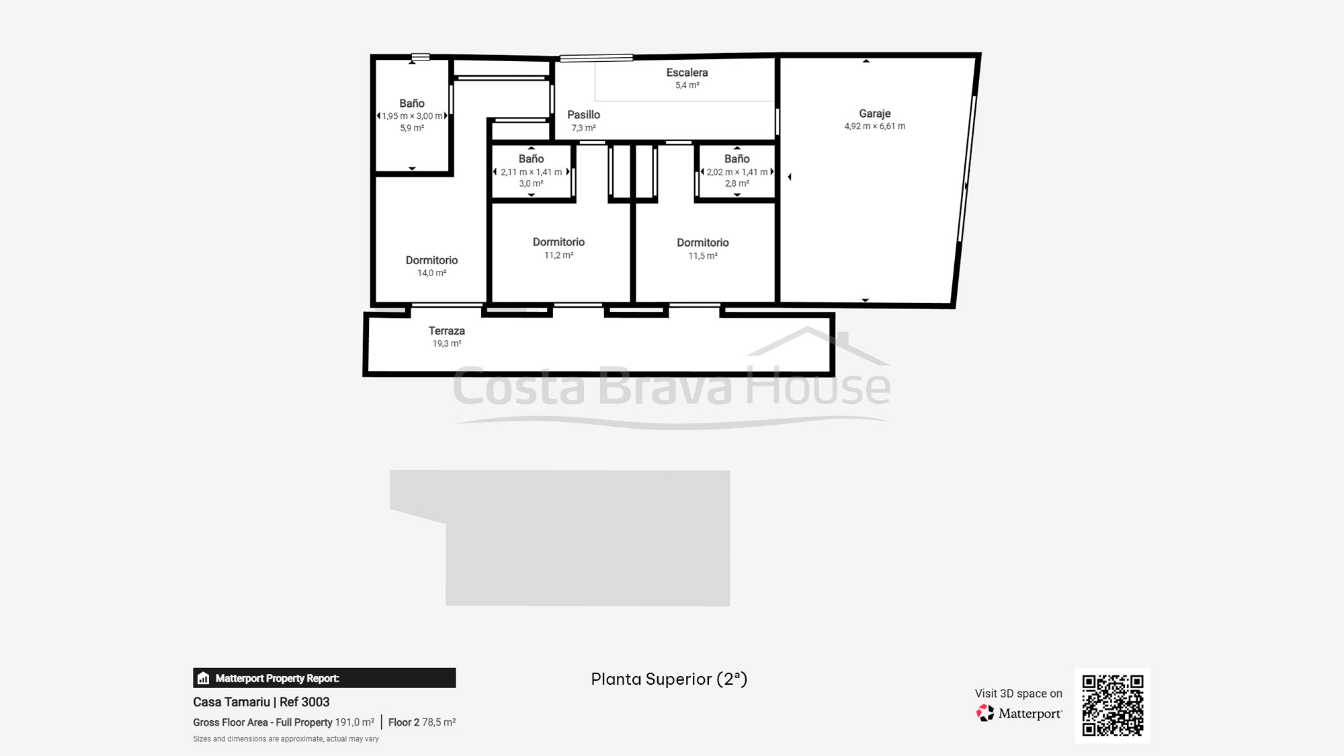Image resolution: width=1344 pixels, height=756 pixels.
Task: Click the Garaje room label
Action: (x=874, y=114)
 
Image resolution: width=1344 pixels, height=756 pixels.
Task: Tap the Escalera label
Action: (x=687, y=73)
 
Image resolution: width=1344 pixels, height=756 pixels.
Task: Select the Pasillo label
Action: (x=583, y=115)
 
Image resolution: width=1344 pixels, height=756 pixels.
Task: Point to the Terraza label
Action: (x=447, y=331)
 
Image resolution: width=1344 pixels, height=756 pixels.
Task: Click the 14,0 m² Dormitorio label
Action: (x=431, y=260)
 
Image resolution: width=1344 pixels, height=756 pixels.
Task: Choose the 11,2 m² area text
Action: (x=558, y=255)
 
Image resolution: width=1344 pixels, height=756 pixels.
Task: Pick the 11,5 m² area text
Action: (x=703, y=256)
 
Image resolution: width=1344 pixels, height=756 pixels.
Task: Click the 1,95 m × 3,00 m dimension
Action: (x=412, y=116)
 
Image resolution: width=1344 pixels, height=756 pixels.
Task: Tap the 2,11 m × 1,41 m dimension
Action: (x=531, y=172)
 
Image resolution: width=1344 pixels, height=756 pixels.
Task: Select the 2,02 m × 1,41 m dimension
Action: (x=737, y=172)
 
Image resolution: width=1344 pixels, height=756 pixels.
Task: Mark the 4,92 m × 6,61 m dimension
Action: (x=875, y=126)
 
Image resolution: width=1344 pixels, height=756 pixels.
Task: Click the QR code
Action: (x=1113, y=706)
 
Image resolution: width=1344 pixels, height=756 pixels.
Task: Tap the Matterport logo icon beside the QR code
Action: (x=985, y=713)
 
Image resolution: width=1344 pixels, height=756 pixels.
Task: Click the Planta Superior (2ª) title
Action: (x=669, y=679)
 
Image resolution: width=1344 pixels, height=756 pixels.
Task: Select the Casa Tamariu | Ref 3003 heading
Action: (x=261, y=702)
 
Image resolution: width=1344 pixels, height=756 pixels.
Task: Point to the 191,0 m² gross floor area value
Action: (x=355, y=722)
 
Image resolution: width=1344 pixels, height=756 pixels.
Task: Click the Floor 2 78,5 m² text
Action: (x=422, y=722)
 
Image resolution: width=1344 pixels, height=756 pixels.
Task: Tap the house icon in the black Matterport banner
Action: (x=204, y=678)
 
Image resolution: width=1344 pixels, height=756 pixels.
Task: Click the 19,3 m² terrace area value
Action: (x=447, y=343)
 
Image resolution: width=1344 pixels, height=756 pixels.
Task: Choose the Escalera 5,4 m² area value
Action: (x=687, y=85)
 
